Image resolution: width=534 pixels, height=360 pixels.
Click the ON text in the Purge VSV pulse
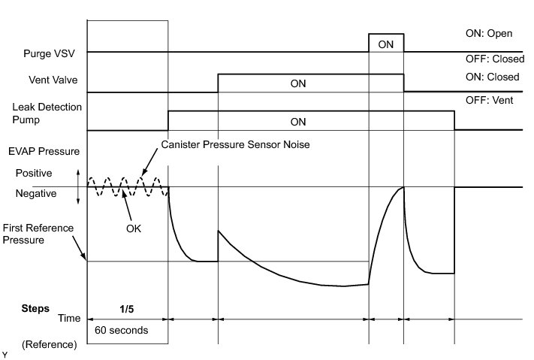386,44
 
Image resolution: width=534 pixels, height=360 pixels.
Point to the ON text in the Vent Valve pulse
299,83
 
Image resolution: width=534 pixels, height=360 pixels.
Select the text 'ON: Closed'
492,77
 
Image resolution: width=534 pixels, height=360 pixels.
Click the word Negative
35,193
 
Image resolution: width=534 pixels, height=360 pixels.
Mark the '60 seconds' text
120,329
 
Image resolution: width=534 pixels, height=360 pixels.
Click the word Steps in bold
35,309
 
